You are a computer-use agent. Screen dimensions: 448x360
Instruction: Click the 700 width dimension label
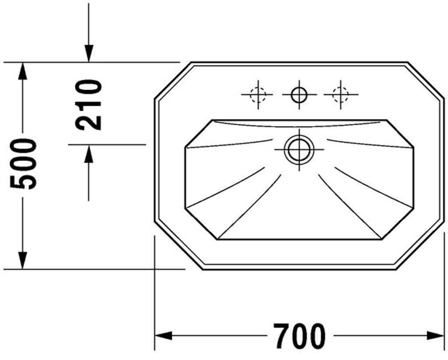(299, 336)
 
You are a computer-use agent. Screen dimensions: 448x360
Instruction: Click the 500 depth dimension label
(23, 164)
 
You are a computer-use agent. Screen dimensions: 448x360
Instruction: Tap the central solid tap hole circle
(299, 94)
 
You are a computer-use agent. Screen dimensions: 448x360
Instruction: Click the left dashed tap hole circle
(258, 94)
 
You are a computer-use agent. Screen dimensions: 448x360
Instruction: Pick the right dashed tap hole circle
(340, 94)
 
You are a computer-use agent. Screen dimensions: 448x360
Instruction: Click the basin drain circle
(299, 149)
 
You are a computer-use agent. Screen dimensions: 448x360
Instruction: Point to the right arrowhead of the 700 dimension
(436, 336)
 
